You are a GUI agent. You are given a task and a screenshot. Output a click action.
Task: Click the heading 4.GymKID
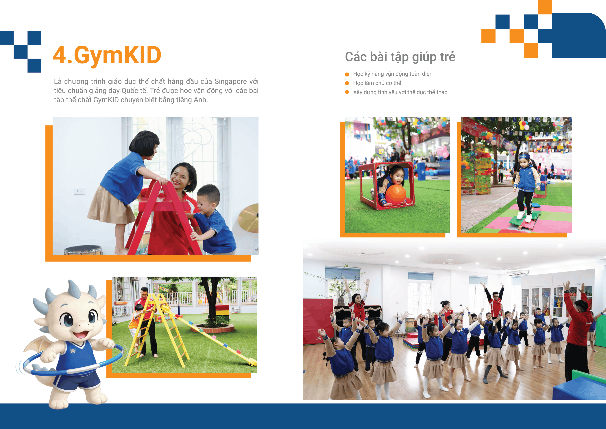click(107, 55)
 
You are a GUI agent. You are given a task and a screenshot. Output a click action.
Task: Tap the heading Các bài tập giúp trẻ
click(400, 57)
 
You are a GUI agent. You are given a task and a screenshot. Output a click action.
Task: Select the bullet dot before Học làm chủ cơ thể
click(347, 83)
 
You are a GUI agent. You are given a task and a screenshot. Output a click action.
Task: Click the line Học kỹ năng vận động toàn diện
click(393, 74)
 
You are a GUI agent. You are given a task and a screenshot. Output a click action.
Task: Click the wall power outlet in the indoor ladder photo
click(80, 191)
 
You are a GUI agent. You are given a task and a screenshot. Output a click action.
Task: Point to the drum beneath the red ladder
click(83, 250)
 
